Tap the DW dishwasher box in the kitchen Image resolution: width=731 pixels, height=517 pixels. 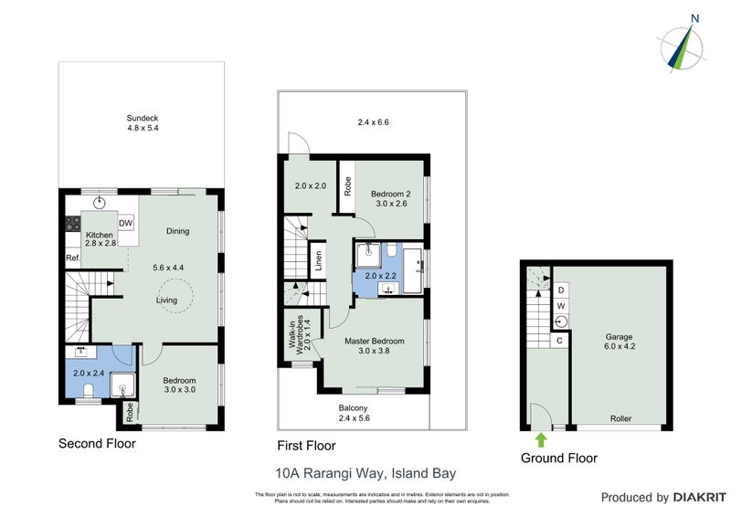(x=127, y=223)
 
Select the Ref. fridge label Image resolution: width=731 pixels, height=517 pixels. (x=73, y=258)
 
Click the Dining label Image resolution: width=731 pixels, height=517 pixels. (x=177, y=231)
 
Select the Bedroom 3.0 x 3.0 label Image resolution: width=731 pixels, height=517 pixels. (x=179, y=385)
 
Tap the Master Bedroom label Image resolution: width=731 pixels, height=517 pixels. (x=374, y=346)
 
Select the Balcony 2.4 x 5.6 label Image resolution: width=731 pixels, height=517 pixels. (x=354, y=413)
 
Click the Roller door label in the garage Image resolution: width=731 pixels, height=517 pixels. (x=621, y=419)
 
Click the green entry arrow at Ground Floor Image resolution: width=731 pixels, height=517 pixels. (x=541, y=439)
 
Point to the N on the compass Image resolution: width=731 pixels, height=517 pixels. (x=694, y=17)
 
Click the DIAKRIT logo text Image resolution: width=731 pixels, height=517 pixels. (x=695, y=498)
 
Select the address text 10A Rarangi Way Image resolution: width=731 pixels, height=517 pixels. (x=365, y=474)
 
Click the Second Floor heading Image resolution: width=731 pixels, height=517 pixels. (x=97, y=444)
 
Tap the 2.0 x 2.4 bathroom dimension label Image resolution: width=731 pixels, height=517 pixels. (x=89, y=373)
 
